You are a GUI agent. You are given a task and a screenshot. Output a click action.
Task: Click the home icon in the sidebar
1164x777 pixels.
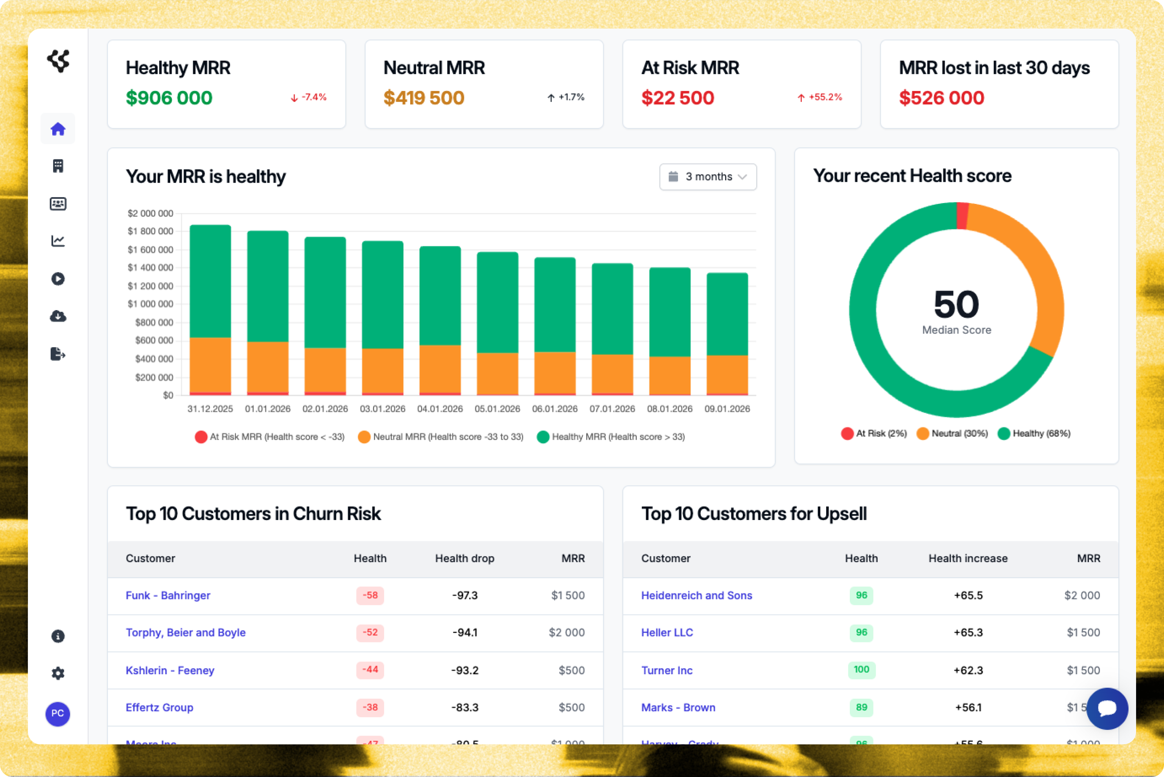pos(58,129)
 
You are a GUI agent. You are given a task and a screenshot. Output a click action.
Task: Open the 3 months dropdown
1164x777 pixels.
pos(707,177)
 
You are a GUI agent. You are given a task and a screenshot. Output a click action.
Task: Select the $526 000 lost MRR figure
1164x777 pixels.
pos(941,98)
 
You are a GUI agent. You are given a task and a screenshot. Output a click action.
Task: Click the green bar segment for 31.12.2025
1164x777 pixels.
pos(210,281)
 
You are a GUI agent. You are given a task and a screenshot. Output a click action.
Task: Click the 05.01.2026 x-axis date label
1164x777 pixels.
pos(497,409)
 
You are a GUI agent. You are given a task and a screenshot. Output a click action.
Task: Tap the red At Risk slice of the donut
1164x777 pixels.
pos(962,216)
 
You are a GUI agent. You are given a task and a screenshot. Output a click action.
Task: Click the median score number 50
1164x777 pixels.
pos(956,304)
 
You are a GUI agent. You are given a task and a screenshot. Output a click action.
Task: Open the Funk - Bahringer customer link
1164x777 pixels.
pos(168,595)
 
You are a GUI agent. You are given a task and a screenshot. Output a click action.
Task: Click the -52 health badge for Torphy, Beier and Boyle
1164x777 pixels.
pos(370,632)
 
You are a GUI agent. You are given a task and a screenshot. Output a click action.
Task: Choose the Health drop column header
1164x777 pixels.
pos(464,559)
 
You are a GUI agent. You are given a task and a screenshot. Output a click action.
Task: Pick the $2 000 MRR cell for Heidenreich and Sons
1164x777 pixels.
pos(1082,595)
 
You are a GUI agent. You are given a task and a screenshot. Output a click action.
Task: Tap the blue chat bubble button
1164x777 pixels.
pos(1107,708)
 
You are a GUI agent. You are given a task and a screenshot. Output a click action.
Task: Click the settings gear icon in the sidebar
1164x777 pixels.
pos(58,673)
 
